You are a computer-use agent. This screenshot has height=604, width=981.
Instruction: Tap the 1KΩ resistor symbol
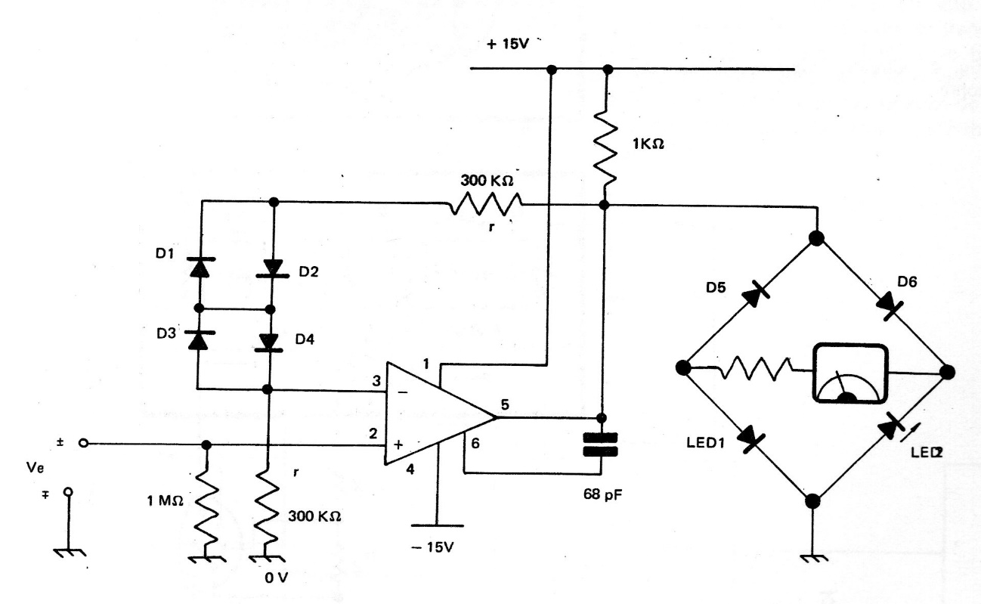605,152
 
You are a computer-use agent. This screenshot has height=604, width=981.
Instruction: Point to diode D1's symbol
198,268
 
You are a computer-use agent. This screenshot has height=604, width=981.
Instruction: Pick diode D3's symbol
198,340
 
